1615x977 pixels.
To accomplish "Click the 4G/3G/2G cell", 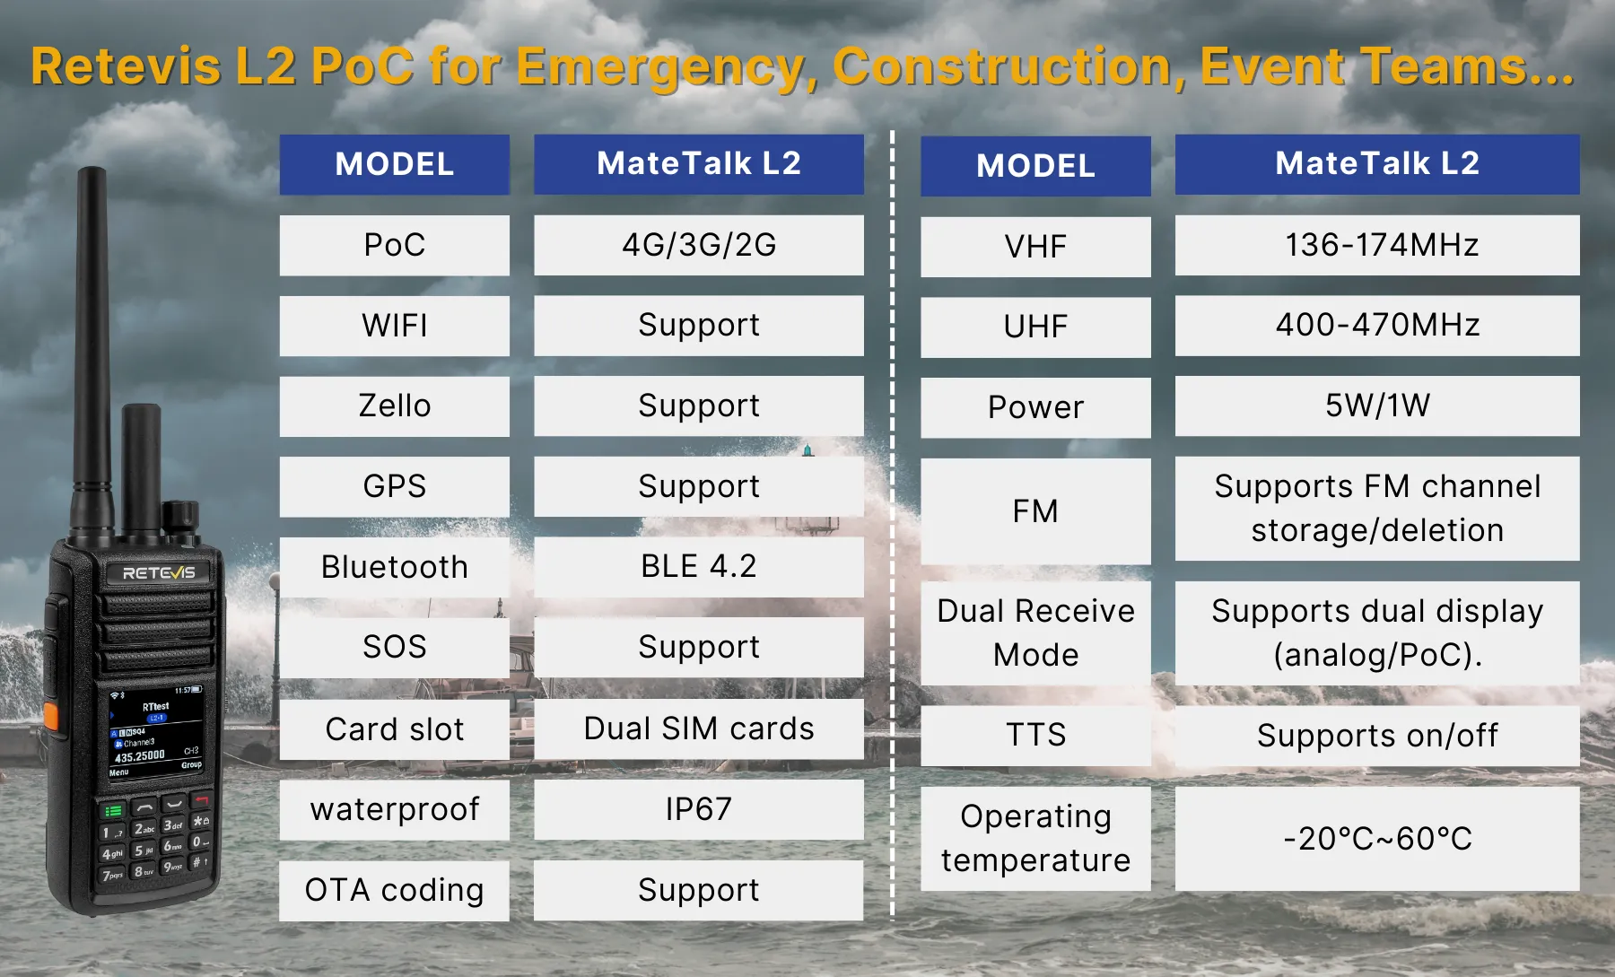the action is (x=699, y=245).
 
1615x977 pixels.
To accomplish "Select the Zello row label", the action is (x=395, y=406).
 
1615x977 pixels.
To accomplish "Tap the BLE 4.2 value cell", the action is (x=699, y=567).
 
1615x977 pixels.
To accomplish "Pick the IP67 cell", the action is (x=699, y=809).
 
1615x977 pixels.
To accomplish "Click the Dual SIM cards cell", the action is (x=699, y=728).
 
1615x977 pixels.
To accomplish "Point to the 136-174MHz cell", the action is (x=1377, y=245).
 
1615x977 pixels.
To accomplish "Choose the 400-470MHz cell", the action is (x=1377, y=326).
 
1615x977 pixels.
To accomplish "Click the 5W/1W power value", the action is (x=1377, y=406).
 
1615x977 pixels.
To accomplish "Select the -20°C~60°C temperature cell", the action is (x=1377, y=839).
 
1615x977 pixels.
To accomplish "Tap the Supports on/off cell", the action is (x=1377, y=736).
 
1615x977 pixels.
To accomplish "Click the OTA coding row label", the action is (x=395, y=891).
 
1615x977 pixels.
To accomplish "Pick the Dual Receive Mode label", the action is (x=1035, y=633).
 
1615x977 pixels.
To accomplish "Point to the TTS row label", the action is (x=1035, y=736).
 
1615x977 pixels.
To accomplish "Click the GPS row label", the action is (x=395, y=487).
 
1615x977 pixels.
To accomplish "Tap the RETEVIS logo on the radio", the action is (x=158, y=572).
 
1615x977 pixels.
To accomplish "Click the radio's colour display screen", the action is (x=156, y=732).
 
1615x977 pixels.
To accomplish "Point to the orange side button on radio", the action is (x=51, y=716).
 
